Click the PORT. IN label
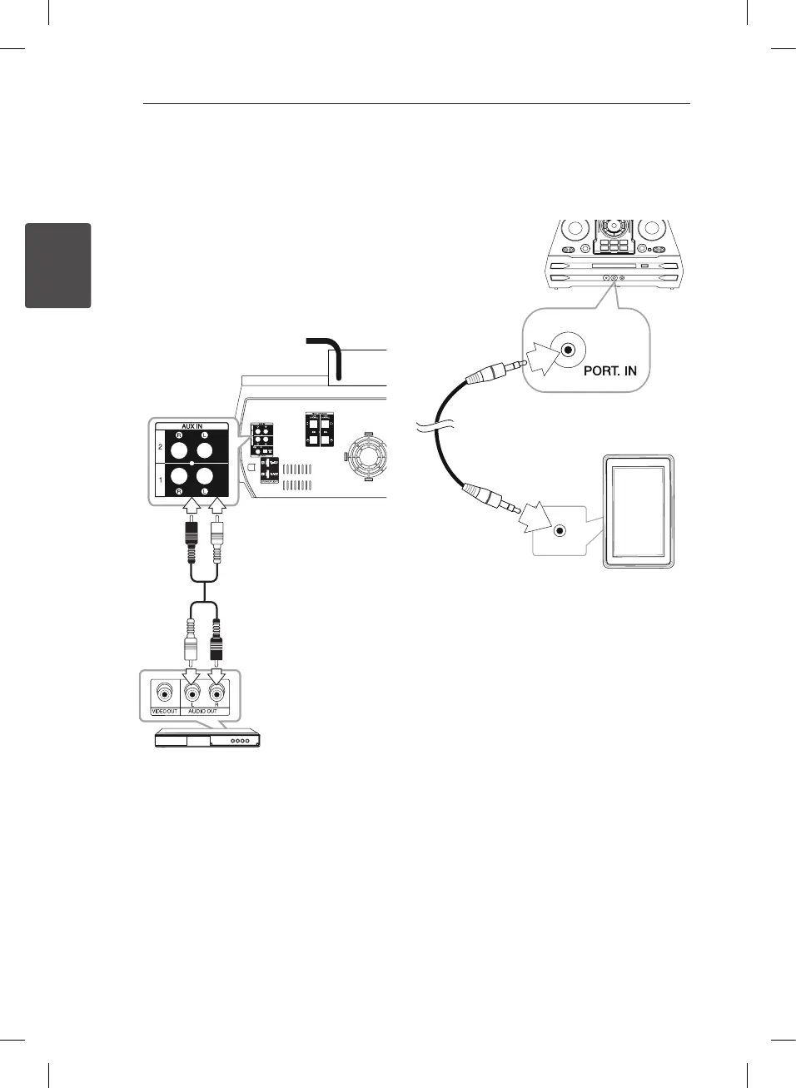609,370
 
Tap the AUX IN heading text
192,426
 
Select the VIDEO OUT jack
164,693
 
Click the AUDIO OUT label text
202,711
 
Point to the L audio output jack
192,693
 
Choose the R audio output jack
216,693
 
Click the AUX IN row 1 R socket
179,476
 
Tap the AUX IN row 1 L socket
204,476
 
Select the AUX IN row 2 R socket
179,450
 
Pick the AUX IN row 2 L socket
204,450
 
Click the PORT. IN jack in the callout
568,350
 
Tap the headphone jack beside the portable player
560,530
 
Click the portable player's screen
638,511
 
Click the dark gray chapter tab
57,265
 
